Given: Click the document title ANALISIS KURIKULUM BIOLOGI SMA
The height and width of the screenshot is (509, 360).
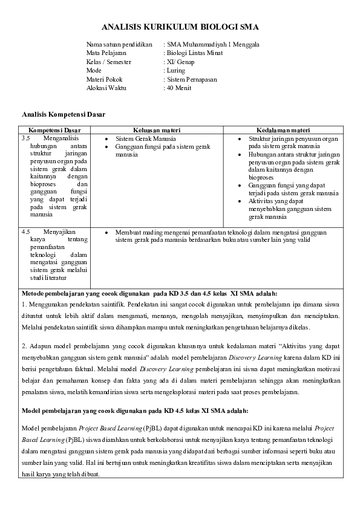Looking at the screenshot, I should pos(180,27).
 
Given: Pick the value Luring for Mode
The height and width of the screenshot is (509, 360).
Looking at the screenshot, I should pos(177,70).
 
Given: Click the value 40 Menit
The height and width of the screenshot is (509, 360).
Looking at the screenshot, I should pos(179,88).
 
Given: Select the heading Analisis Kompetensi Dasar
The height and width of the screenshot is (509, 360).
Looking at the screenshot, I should pos(65,114).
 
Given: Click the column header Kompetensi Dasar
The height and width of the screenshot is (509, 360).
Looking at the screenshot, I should pos(54,130).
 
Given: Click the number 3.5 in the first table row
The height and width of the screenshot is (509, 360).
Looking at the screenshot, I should pos(26,138).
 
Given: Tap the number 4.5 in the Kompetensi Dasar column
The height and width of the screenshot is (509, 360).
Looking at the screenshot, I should pos(26,232).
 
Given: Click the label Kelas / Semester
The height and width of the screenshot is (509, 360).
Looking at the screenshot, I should pos(109,62).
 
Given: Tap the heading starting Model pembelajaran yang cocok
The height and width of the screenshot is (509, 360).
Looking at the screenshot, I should pos(134,410).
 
